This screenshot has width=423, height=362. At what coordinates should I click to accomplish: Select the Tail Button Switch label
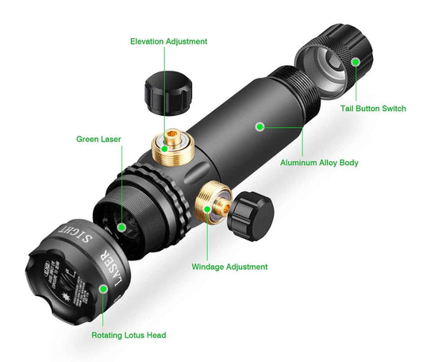tap(373, 108)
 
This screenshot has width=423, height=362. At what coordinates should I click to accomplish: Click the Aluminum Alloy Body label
tap(319, 163)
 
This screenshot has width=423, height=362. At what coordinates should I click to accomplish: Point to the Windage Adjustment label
tap(229, 267)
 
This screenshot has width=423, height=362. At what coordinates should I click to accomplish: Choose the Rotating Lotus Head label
tap(128, 336)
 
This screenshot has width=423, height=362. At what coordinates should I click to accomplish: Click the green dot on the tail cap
tap(356, 61)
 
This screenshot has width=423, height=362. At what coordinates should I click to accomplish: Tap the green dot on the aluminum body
tap(259, 125)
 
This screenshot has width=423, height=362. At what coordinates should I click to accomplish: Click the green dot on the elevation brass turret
tap(164, 147)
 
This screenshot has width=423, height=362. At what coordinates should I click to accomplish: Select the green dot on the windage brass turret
tap(208, 210)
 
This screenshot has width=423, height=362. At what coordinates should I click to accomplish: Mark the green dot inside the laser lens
tap(121, 226)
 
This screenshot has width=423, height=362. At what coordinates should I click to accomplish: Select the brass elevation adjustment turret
tap(171, 145)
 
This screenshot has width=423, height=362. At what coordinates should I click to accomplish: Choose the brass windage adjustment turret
tap(210, 206)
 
